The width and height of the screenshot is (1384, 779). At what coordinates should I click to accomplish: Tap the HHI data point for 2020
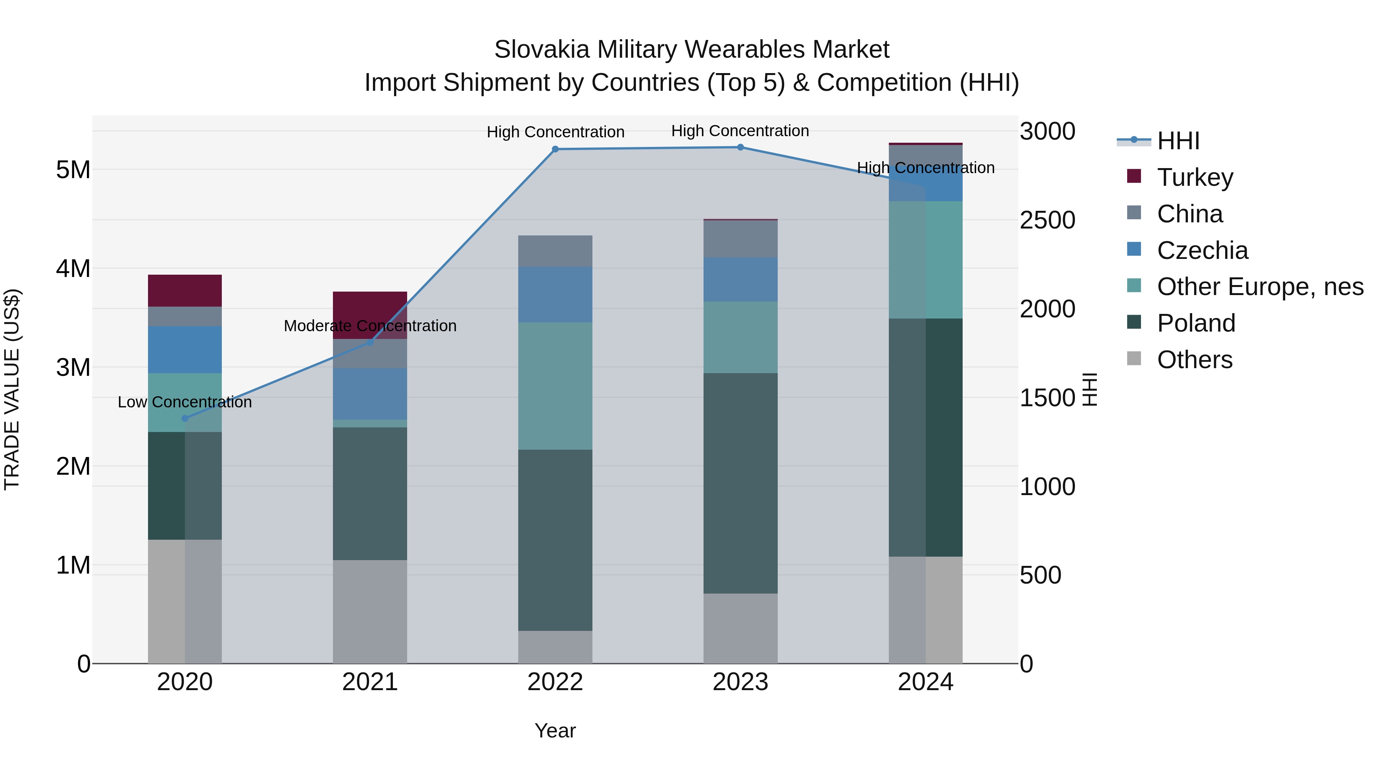click(185, 418)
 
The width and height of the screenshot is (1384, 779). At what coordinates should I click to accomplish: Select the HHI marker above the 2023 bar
click(740, 147)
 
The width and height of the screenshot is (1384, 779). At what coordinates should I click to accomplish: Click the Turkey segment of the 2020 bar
click(185, 291)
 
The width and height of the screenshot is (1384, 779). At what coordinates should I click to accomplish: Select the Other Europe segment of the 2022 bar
click(555, 386)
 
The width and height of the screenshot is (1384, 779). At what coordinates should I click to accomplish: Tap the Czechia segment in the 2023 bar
click(740, 280)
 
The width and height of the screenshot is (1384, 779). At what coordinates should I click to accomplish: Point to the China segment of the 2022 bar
click(555, 251)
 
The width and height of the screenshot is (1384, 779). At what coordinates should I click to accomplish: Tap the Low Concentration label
click(185, 402)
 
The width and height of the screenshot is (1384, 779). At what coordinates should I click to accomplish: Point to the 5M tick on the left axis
click(73, 170)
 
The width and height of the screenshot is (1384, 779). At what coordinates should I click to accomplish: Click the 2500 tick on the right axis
click(1047, 220)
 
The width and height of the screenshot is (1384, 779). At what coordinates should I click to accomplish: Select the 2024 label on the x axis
click(925, 682)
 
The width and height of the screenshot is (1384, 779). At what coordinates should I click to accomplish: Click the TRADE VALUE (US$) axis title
click(12, 389)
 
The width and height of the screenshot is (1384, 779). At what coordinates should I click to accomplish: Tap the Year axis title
click(555, 731)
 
